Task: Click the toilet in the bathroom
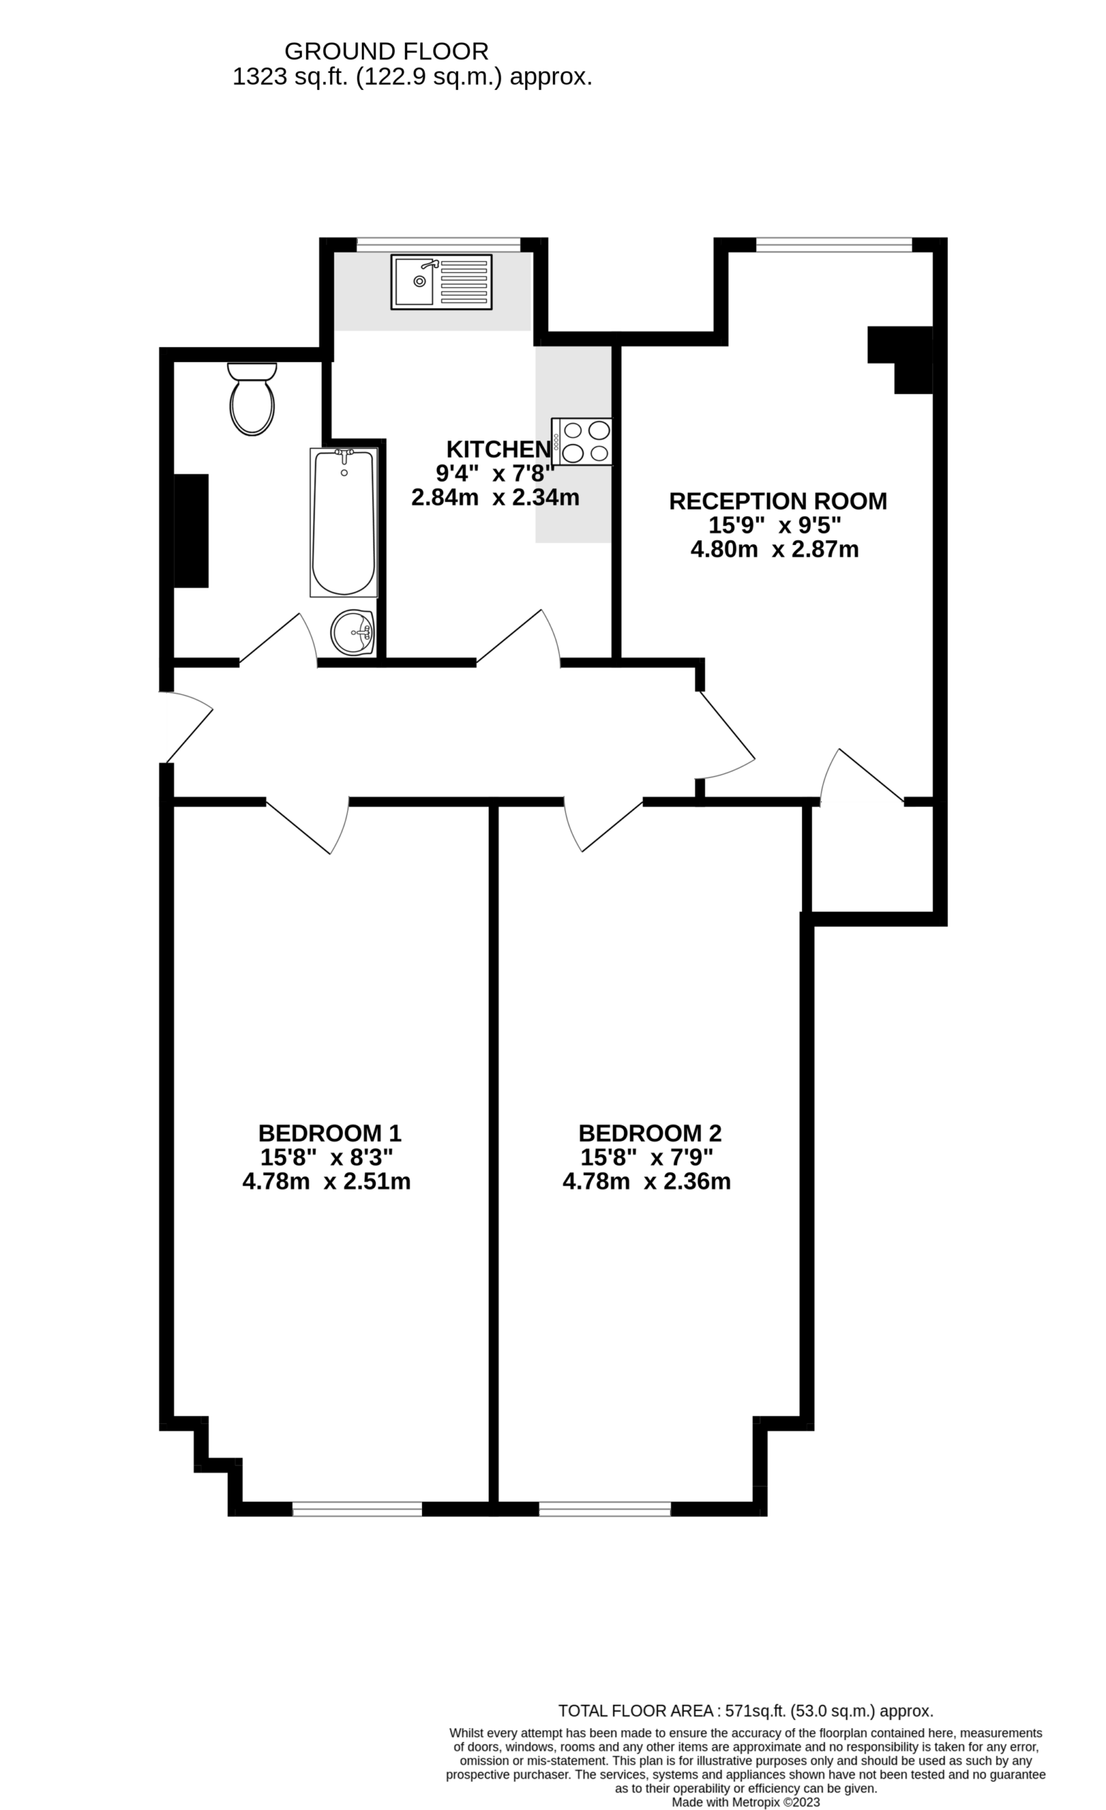252,399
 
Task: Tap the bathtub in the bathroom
343,522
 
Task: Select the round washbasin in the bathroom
353,633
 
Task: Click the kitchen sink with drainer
442,282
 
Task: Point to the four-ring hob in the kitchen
582,441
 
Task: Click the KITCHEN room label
499,449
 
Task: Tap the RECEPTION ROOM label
777,501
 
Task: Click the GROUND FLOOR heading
387,52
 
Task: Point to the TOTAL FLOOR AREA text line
746,1711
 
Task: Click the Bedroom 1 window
357,1509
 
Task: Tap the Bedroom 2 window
605,1509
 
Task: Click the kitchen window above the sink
438,245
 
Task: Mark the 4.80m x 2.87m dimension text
775,549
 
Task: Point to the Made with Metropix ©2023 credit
746,1802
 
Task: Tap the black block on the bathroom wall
191,531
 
